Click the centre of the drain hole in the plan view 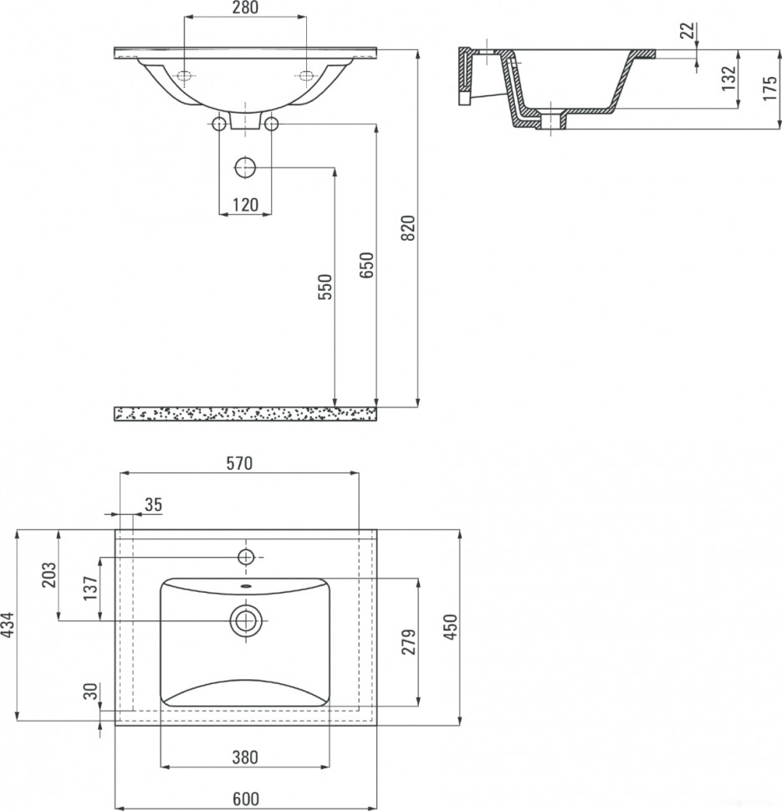pyautogui.click(x=246, y=620)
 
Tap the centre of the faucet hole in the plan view pyautogui.click(x=246, y=557)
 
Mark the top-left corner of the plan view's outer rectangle pyautogui.click(x=115, y=529)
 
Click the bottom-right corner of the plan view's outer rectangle pyautogui.click(x=376, y=725)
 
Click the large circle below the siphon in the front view pyautogui.click(x=245, y=167)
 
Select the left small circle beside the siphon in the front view pyautogui.click(x=219, y=124)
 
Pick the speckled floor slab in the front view pyautogui.click(x=245, y=414)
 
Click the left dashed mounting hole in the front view pyautogui.click(x=185, y=77)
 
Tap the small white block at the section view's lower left pyautogui.click(x=465, y=98)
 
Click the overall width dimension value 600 pyautogui.click(x=245, y=798)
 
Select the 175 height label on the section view pyautogui.click(x=770, y=88)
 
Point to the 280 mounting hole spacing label pyautogui.click(x=245, y=8)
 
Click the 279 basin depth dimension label pyautogui.click(x=408, y=642)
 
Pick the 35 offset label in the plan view pyautogui.click(x=153, y=504)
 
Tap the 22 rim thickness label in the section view pyautogui.click(x=687, y=30)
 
